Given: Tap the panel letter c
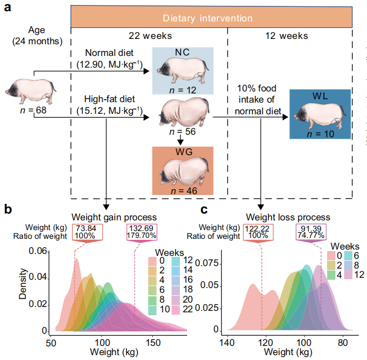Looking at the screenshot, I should pos(205,210).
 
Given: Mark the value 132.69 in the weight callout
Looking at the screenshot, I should pos(140,229).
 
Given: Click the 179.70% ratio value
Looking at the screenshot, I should pos(141,236).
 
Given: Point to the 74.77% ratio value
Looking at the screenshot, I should pos(311,236).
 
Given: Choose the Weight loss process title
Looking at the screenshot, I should pos(288,217).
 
